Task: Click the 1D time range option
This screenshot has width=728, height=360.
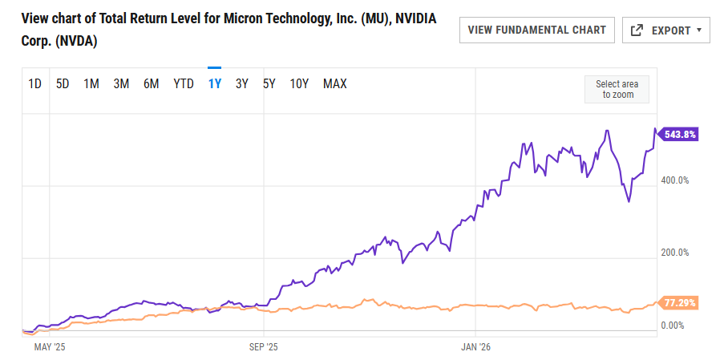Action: (35, 83)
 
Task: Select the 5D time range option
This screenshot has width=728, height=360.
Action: (63, 83)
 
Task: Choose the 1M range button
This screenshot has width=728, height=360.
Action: (91, 83)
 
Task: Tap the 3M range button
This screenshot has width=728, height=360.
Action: (121, 83)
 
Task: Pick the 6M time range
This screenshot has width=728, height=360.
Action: (151, 83)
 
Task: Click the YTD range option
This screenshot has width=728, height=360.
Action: (184, 83)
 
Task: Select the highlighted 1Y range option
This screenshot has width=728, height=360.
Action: (214, 83)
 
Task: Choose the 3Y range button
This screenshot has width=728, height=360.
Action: (241, 83)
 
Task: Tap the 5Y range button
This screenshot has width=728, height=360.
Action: (269, 83)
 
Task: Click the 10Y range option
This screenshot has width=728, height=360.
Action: (299, 83)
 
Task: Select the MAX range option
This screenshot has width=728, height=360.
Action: (334, 83)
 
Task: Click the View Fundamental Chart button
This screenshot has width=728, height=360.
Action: (536, 30)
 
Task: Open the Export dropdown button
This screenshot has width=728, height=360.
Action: (666, 30)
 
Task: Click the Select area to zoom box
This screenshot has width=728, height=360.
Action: (617, 89)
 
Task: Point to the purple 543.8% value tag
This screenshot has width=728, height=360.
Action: (678, 134)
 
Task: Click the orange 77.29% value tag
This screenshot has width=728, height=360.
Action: (678, 303)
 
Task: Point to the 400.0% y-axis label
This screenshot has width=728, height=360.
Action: (674, 180)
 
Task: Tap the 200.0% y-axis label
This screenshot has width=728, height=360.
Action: (674, 253)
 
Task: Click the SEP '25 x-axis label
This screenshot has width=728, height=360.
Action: (263, 347)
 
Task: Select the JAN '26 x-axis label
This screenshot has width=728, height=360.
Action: (475, 347)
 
